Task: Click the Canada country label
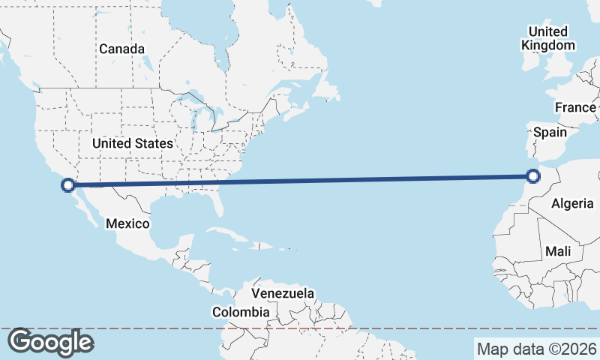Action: [x=121, y=49]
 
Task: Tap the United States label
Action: [x=133, y=142]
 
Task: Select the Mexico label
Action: [x=127, y=223]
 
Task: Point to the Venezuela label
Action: [x=283, y=293]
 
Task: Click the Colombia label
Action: [x=240, y=312]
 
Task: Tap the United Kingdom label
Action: [x=547, y=38]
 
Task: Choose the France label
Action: [x=575, y=108]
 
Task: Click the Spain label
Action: [x=549, y=132]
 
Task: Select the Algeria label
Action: [x=572, y=203]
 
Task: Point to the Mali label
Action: [x=559, y=251]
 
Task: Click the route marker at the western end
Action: [x=68, y=184]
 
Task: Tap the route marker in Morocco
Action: [x=533, y=176]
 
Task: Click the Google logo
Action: [x=50, y=342]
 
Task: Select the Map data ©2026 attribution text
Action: [x=537, y=349]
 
